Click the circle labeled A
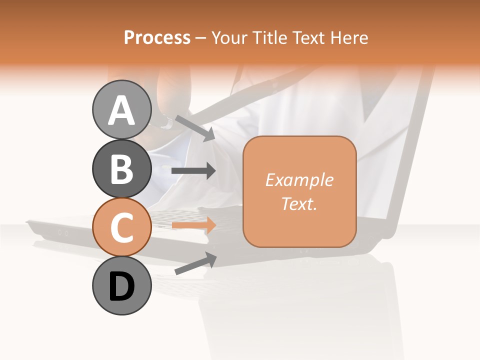point(122,109)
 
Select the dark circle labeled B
point(122,168)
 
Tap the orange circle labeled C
point(122,227)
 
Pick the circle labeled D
point(122,286)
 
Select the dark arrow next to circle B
point(193,171)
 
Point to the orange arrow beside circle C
point(193,225)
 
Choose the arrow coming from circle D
point(195,263)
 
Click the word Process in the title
point(157,37)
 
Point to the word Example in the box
point(299,180)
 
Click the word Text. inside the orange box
point(299,204)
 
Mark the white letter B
point(122,169)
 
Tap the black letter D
point(122,287)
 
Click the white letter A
point(122,110)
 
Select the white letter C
point(122,228)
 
